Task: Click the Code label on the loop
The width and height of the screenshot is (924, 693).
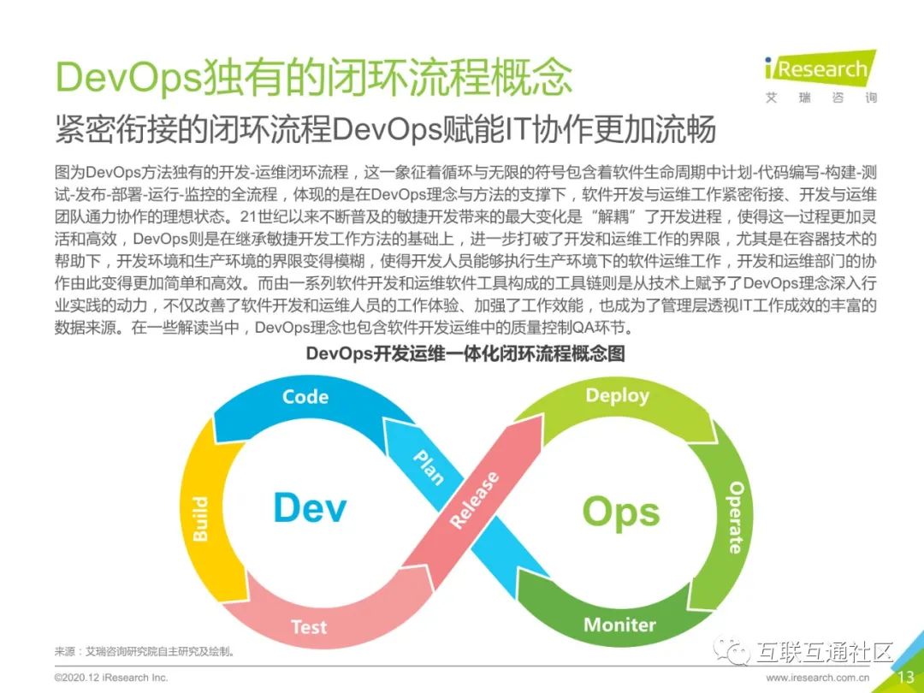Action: pyautogui.click(x=305, y=396)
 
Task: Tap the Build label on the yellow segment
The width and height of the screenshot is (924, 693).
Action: pyautogui.click(x=200, y=518)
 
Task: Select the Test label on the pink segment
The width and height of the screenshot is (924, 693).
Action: pyautogui.click(x=309, y=626)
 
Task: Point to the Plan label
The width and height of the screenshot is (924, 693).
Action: pyautogui.click(x=429, y=467)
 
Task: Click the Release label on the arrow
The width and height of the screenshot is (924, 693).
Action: pyautogui.click(x=475, y=500)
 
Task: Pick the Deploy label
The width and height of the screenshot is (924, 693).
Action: pyautogui.click(x=617, y=395)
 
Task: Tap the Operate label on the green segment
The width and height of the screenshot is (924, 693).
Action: pyautogui.click(x=736, y=517)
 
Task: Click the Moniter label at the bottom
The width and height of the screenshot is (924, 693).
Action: pyautogui.click(x=619, y=625)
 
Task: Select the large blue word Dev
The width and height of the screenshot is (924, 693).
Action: pyautogui.click(x=310, y=508)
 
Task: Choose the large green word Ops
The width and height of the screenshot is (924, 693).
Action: pyautogui.click(x=621, y=512)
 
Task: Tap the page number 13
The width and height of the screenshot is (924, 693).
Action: pyautogui.click(x=904, y=677)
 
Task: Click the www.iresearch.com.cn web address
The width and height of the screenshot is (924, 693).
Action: pyautogui.click(x=819, y=678)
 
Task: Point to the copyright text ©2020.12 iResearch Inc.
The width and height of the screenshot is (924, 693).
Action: pyautogui.click(x=111, y=678)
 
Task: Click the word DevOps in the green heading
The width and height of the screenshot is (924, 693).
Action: pyautogui.click(x=128, y=78)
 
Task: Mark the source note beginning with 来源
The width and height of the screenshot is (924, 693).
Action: pyautogui.click(x=145, y=651)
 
